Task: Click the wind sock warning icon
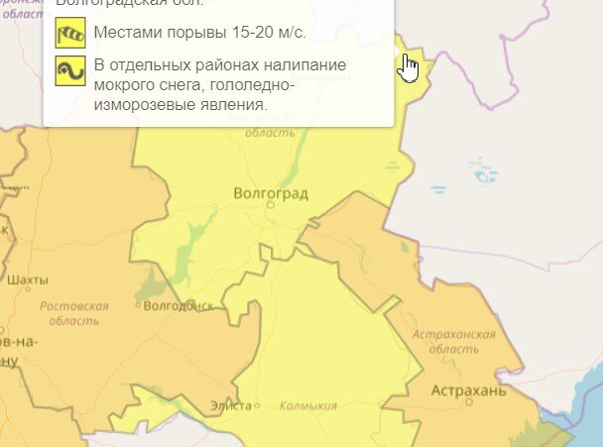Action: [70, 33]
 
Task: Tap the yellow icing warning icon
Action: [70, 70]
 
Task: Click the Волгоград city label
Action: [270, 192]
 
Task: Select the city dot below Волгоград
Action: [270, 204]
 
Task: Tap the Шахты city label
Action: [28, 279]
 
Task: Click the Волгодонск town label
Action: [179, 306]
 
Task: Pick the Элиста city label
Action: [229, 405]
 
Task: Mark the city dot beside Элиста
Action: [257, 405]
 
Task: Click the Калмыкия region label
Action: [308, 405]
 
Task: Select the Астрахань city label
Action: [469, 391]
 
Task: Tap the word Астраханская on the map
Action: [454, 335]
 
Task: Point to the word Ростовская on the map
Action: [74, 306]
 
